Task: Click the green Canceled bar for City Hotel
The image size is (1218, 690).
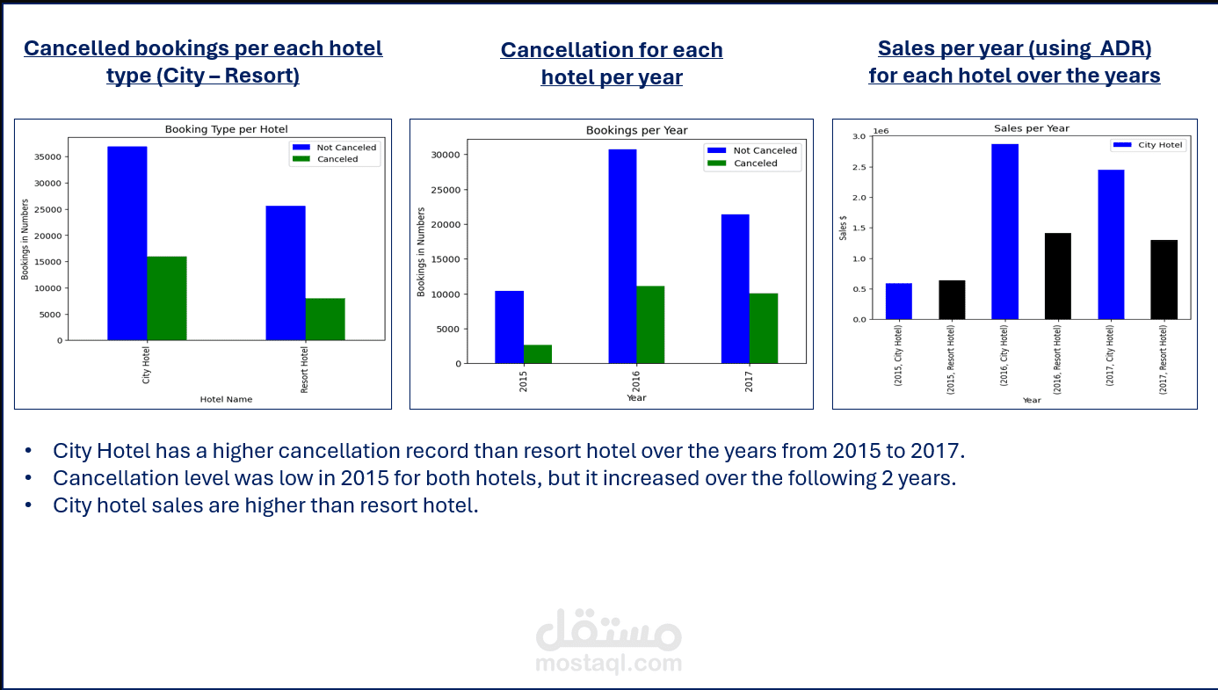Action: pyautogui.click(x=167, y=299)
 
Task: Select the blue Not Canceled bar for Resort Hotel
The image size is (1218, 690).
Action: pyautogui.click(x=286, y=273)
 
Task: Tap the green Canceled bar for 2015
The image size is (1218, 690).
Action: pyautogui.click(x=538, y=354)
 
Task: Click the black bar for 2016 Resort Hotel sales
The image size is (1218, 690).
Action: pyautogui.click(x=1057, y=276)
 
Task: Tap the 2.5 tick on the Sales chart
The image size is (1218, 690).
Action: pyautogui.click(x=859, y=167)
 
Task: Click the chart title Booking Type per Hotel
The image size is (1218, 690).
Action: pyautogui.click(x=226, y=129)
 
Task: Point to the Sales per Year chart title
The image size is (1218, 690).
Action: pyautogui.click(x=1032, y=128)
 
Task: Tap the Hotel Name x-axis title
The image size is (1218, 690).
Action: pyautogui.click(x=226, y=399)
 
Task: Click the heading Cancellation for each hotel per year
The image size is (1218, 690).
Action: pyautogui.click(x=612, y=63)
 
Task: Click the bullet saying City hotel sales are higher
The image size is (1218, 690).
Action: pyautogui.click(x=265, y=506)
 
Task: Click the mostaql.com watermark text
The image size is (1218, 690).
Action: pyautogui.click(x=608, y=664)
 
